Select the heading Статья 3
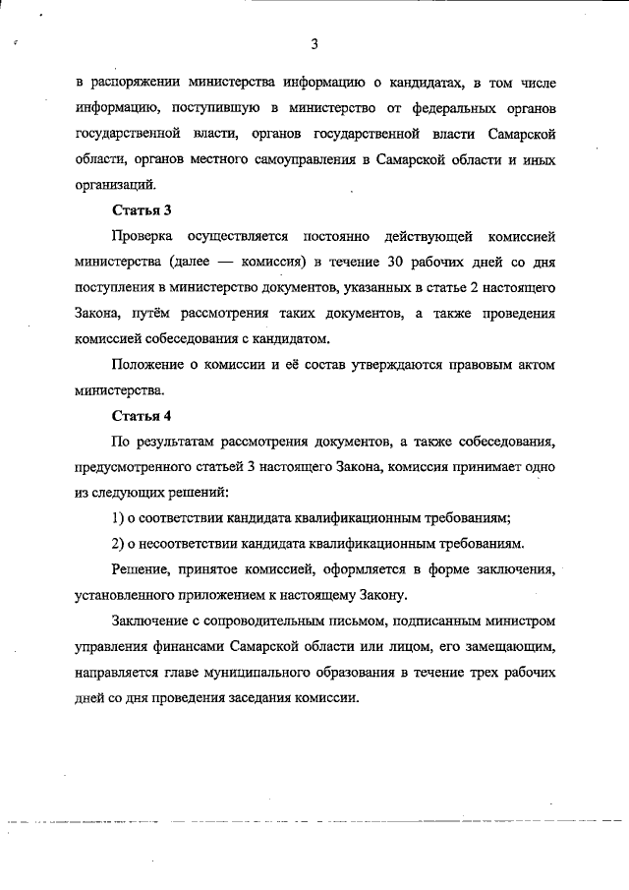click(139, 209)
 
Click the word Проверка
click(143, 236)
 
